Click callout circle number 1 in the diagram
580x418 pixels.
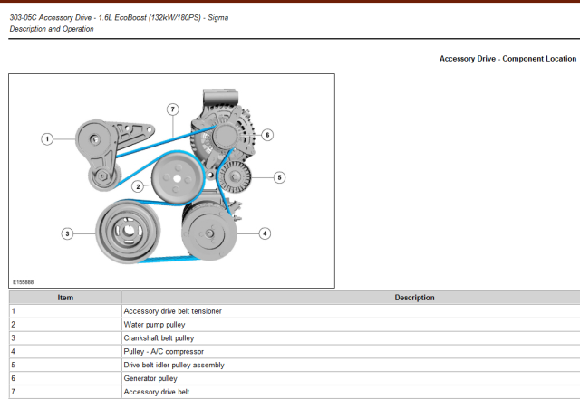point(47,138)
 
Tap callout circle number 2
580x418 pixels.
point(138,186)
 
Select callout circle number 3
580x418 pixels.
point(67,233)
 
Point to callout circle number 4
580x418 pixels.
point(265,233)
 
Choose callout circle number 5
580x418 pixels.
point(280,177)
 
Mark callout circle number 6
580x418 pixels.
point(267,135)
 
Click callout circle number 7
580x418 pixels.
point(172,109)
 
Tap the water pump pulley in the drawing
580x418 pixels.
point(177,179)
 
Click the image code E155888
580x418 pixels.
point(24,281)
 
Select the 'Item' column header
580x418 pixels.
point(65,298)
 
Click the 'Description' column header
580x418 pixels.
point(414,298)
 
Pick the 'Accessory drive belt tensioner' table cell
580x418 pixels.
point(172,311)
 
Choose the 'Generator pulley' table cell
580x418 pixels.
point(150,378)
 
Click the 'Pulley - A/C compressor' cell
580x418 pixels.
point(164,351)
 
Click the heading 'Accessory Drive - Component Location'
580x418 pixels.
point(507,59)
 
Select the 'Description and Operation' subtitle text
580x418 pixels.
point(52,29)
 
